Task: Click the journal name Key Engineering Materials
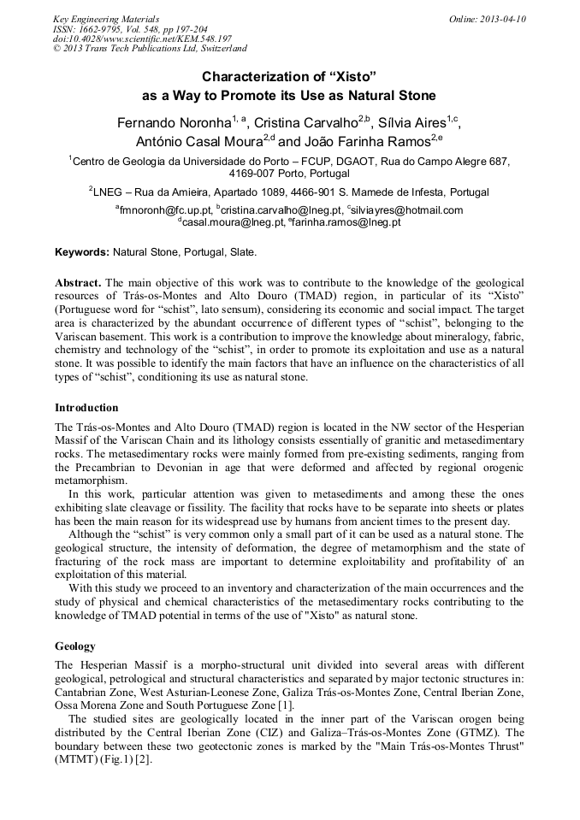(x=106, y=19)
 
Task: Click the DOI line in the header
(x=141, y=38)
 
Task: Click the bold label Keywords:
(x=82, y=253)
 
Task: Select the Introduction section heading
(x=86, y=407)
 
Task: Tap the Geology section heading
(x=75, y=646)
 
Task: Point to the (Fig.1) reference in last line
(x=112, y=759)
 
